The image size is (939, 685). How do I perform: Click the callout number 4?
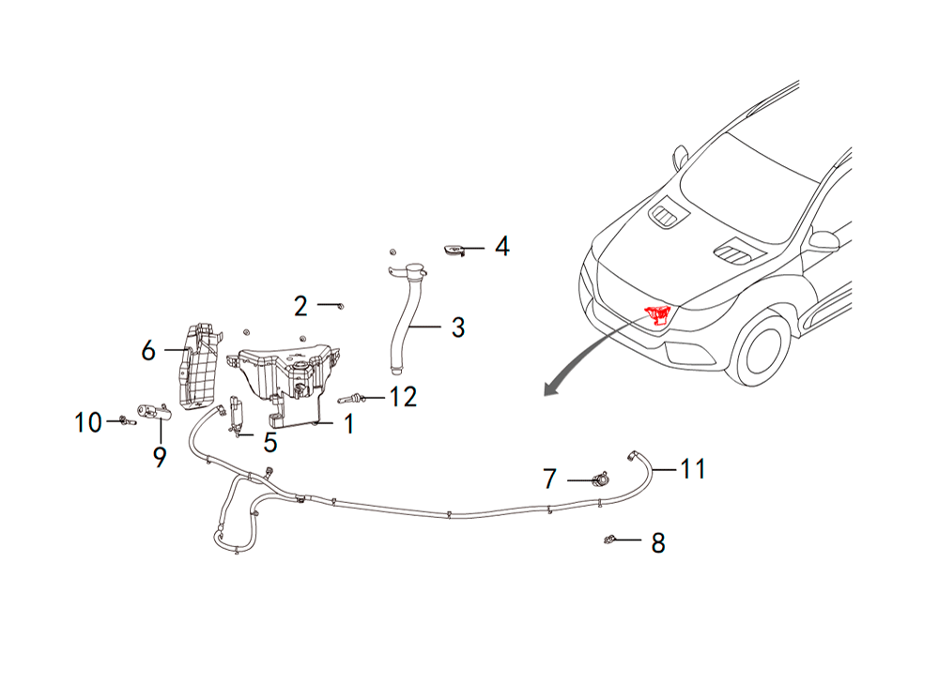[x=501, y=247]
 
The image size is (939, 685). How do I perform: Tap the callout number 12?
[x=403, y=397]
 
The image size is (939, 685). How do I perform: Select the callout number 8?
[x=658, y=542]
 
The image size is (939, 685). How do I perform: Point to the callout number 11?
[x=693, y=468]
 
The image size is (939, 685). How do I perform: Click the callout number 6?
[x=148, y=350]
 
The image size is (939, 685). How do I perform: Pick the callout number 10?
[x=88, y=422]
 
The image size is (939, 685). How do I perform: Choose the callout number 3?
[x=458, y=327]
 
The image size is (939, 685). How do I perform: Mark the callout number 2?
[x=300, y=306]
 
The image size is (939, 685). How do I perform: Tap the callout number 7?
[x=549, y=479]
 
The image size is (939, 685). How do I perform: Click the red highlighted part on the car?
[x=658, y=314]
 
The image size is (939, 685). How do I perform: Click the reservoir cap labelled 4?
[x=454, y=250]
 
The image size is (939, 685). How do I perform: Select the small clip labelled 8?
[x=609, y=540]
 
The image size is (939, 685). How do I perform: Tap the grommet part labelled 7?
[x=601, y=479]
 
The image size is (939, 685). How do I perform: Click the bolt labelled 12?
[x=351, y=398]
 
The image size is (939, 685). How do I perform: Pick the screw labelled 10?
[x=127, y=421]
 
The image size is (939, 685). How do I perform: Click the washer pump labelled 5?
[x=238, y=414]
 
